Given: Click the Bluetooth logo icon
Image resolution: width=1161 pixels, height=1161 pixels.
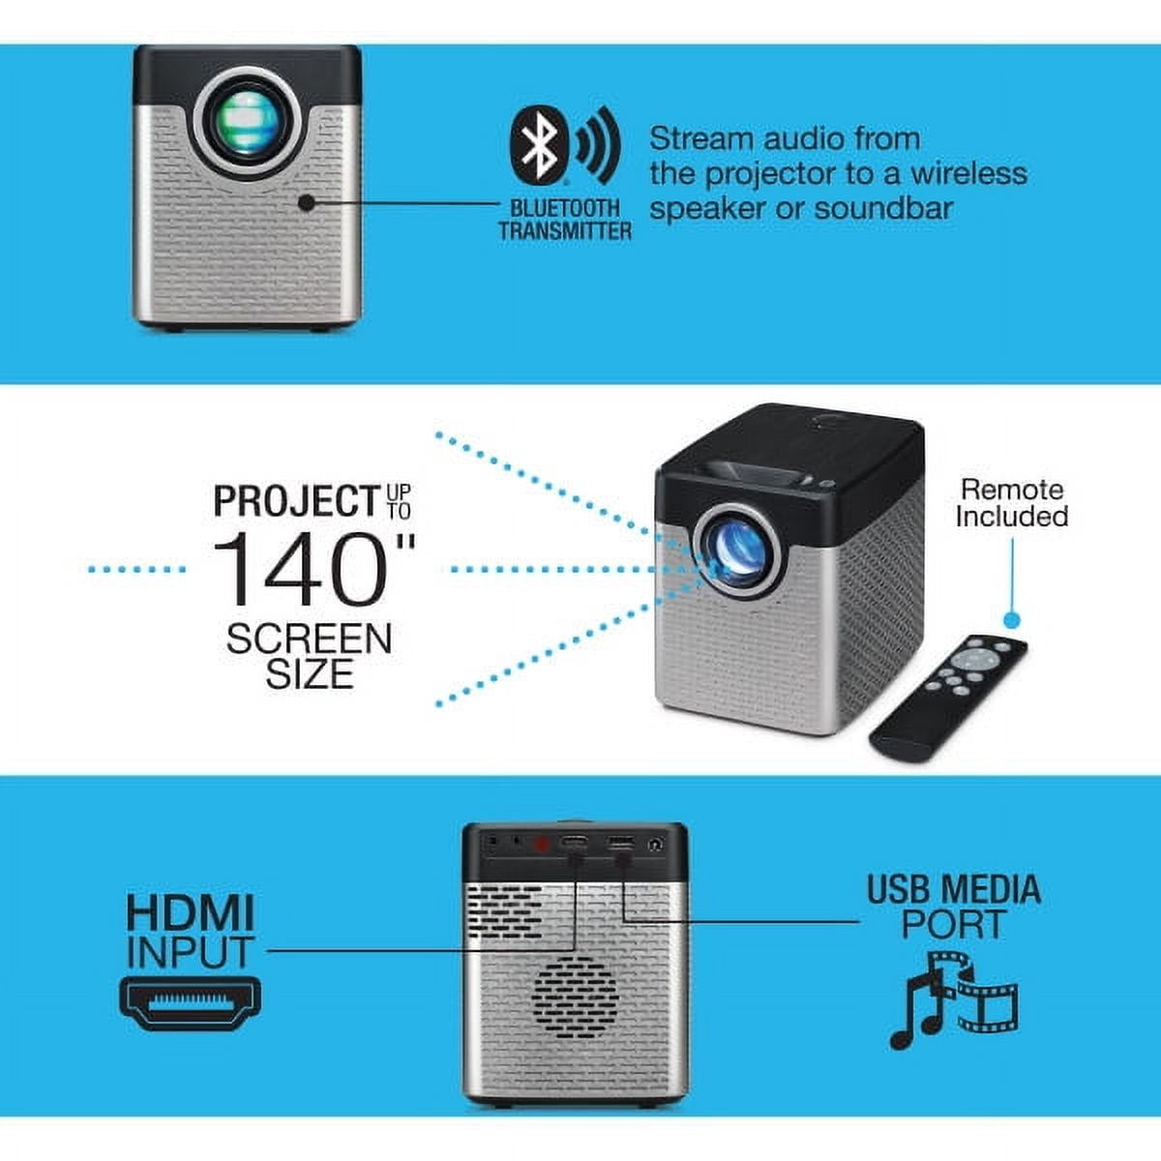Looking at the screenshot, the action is click(539, 145).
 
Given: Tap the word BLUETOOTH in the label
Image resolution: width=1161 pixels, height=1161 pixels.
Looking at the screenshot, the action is click(564, 208).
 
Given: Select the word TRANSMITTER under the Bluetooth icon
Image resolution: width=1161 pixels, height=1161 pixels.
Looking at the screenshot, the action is click(564, 231).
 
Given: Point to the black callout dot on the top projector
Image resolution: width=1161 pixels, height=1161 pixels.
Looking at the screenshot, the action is click(306, 202).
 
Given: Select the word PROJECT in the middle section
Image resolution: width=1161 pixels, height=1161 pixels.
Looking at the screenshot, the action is click(296, 500).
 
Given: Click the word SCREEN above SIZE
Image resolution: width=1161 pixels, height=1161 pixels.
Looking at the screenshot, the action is click(309, 639).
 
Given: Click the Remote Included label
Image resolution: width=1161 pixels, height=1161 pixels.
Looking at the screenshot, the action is click(1012, 503).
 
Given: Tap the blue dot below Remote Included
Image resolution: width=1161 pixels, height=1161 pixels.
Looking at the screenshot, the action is click(1012, 620).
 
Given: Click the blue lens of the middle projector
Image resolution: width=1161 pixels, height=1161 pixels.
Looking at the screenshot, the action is click(737, 551).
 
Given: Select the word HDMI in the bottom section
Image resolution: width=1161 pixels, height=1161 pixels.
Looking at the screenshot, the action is click(191, 912).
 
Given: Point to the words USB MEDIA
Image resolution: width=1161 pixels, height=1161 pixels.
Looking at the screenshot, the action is click(954, 889).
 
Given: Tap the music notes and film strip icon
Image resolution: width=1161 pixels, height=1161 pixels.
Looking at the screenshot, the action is click(954, 1000).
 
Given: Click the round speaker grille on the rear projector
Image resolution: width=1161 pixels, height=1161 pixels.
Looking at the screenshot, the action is click(576, 997).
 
